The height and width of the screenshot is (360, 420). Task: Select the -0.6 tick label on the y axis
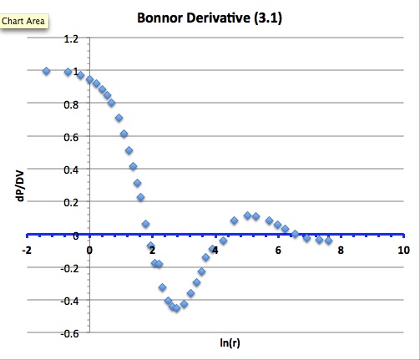(70, 333)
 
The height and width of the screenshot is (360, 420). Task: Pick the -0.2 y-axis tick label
(70, 268)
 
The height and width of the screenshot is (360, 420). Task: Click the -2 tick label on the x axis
(27, 250)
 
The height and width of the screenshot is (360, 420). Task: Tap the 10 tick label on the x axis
(404, 250)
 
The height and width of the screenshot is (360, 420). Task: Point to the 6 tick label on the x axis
(279, 250)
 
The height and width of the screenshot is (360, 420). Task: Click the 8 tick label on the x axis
(342, 250)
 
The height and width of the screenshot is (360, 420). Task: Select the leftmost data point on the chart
(47, 71)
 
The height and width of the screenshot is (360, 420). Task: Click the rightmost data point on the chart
(328, 241)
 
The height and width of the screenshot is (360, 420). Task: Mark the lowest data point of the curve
(176, 308)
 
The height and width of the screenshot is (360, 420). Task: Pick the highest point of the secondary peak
(248, 215)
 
